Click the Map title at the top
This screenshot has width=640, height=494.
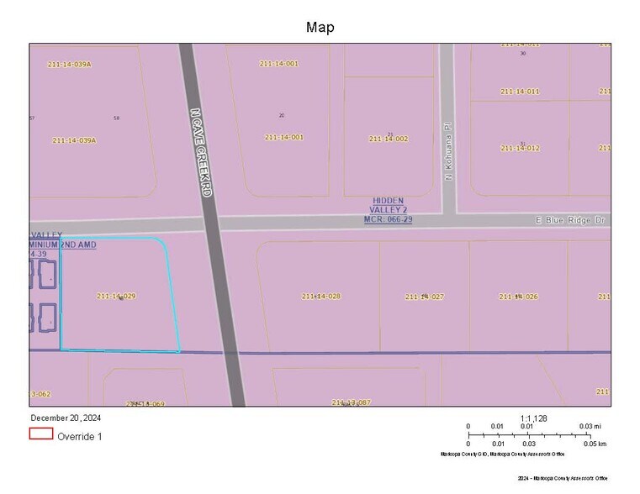320,28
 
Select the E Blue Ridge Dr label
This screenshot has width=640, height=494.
571,220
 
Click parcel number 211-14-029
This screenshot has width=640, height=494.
116,296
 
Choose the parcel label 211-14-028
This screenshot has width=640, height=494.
320,296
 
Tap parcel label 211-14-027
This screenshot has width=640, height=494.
424,297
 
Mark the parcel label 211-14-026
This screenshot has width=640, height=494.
518,297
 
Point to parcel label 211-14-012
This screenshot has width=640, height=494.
520,148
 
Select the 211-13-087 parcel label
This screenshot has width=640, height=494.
351,402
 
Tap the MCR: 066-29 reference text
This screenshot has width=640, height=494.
388,219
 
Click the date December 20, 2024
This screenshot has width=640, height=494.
66,418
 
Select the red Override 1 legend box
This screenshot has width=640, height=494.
41,434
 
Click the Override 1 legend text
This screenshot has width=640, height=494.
79,436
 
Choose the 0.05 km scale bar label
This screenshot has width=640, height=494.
595,444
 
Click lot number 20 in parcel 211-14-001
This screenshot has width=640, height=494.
281,115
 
